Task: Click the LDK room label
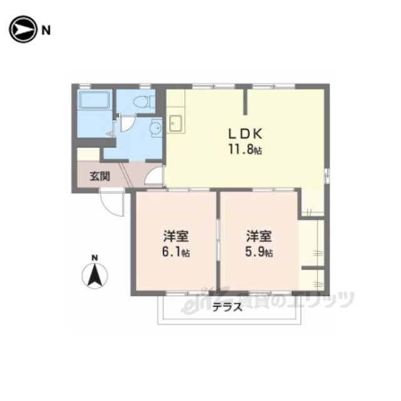pos(245,133)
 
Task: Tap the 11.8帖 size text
pos(245,150)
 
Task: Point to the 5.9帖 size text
pos(259,252)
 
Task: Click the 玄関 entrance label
pos(100,176)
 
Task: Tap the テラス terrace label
pos(227,307)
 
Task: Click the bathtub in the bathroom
pos(95,100)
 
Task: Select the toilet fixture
pos(144,102)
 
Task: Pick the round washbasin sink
pos(156,127)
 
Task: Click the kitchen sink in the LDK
pos(175,123)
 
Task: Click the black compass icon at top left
pos(23,29)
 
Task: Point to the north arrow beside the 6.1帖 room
pos(95,276)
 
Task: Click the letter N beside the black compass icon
pos(46,31)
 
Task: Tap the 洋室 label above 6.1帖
pos(176,236)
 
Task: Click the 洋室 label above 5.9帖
pos(259,236)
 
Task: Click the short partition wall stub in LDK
pos(245,102)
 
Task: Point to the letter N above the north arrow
pos(95,258)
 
